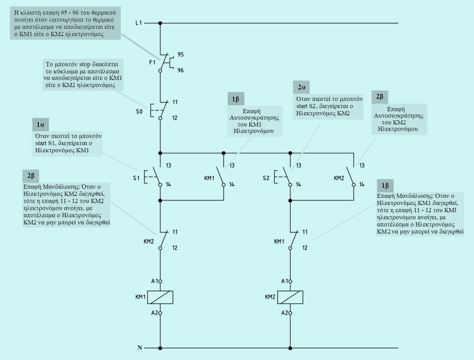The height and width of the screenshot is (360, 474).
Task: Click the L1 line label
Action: coord(139,23)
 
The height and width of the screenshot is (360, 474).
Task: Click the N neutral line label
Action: coord(140,348)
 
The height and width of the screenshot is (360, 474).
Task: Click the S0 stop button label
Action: coord(140,110)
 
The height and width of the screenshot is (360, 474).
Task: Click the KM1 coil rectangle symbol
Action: coord(161,297)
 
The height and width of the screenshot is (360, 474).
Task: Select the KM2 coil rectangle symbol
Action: coord(290,297)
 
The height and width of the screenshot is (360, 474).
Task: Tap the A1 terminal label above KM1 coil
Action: coord(154,281)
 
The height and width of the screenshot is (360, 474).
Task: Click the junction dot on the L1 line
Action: coord(161,23)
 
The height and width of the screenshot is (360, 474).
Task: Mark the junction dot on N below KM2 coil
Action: coord(290,348)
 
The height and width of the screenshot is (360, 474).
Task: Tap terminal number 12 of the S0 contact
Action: coord(175,118)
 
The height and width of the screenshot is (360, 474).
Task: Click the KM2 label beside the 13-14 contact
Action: coord(339,178)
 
